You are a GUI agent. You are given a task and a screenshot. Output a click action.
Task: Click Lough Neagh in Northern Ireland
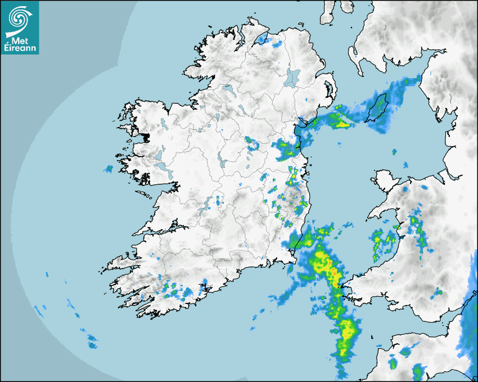[x=293, y=77]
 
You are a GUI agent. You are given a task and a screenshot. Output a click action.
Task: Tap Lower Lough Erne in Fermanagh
[x=228, y=88]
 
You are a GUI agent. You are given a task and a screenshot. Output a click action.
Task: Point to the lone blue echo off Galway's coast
[x=109, y=169]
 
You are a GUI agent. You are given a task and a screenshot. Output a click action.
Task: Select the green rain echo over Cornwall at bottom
[x=417, y=371]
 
